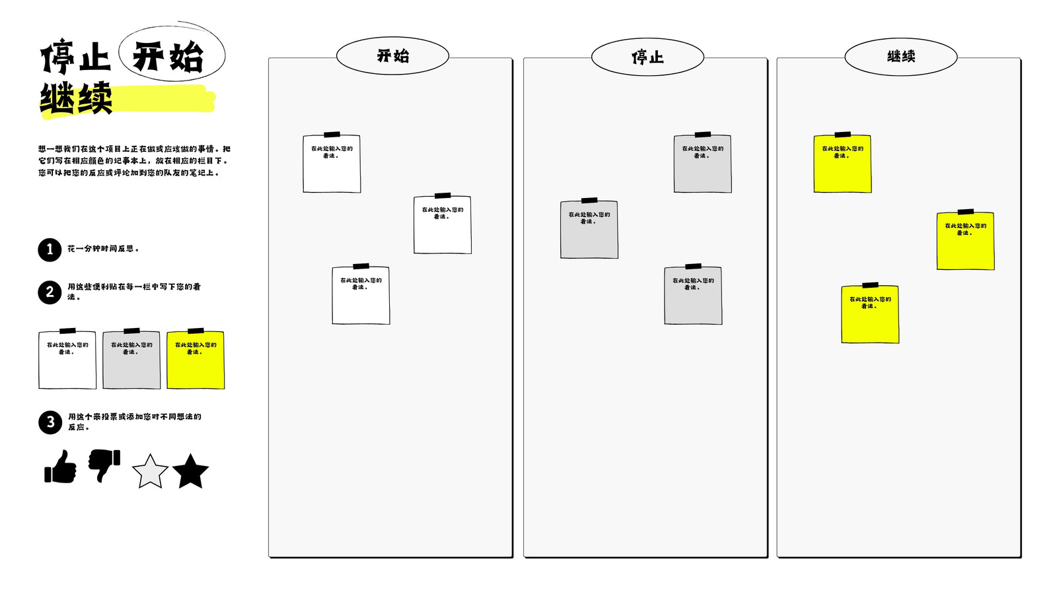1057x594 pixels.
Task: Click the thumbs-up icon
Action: coord(60,467)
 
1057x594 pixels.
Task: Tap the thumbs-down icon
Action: coord(104,465)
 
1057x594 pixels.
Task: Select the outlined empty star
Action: coord(150,471)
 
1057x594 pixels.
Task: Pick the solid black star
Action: coord(190,471)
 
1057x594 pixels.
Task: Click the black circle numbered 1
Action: coord(50,249)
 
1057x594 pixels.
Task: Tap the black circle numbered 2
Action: coord(50,292)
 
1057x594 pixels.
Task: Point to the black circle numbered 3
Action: coord(50,422)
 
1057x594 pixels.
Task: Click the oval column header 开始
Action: coord(392,55)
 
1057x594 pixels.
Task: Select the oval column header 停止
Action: coord(647,57)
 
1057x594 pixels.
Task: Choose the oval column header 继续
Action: coord(901,57)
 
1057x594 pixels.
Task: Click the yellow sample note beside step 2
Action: coord(196,359)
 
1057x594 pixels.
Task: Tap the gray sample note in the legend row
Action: coord(131,359)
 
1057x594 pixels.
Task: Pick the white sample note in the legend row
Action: coord(67,359)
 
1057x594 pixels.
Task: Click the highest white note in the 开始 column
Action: coord(332,162)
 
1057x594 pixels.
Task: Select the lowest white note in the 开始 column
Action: coord(361,294)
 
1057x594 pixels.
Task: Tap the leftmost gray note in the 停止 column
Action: coord(589,228)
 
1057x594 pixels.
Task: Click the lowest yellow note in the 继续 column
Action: coord(870,313)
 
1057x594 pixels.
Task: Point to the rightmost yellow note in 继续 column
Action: coord(965,240)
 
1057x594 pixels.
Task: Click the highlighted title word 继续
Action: coord(76,98)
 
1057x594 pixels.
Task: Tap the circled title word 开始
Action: coord(168,57)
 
